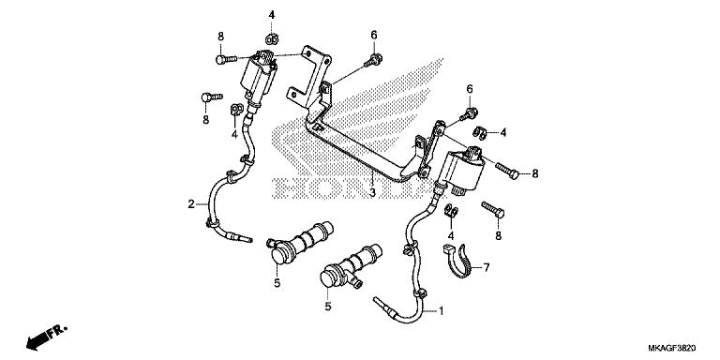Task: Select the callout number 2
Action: coord(190,203)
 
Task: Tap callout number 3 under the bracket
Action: coord(372,192)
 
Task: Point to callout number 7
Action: coord(487,268)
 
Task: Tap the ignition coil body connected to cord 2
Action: coord(261,79)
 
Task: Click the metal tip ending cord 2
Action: coord(246,238)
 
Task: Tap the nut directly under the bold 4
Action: coord(272,38)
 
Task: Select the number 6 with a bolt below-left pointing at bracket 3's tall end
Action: coord(373,36)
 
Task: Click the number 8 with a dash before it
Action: coord(535,173)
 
